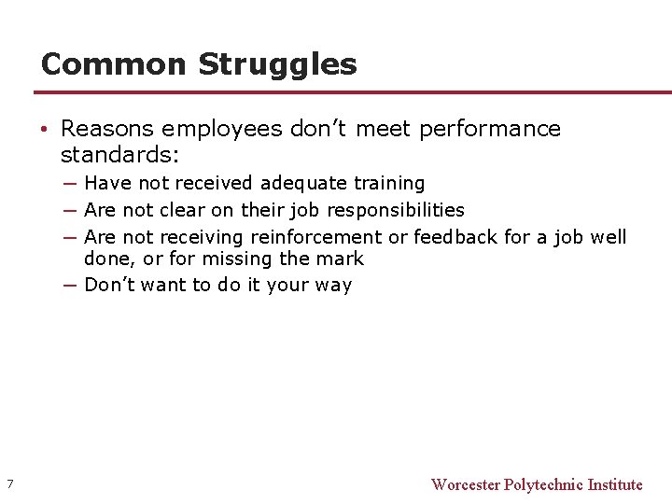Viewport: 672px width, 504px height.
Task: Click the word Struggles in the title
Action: pos(277,64)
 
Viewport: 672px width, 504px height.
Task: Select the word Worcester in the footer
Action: pos(465,484)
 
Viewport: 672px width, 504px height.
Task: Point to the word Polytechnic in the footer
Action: pos(543,484)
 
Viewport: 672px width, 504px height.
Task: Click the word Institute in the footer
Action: pos(615,484)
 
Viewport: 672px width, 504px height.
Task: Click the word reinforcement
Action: pos(315,237)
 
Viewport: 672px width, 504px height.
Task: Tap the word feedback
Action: pos(455,237)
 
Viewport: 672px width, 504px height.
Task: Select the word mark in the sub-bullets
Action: pos(342,259)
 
